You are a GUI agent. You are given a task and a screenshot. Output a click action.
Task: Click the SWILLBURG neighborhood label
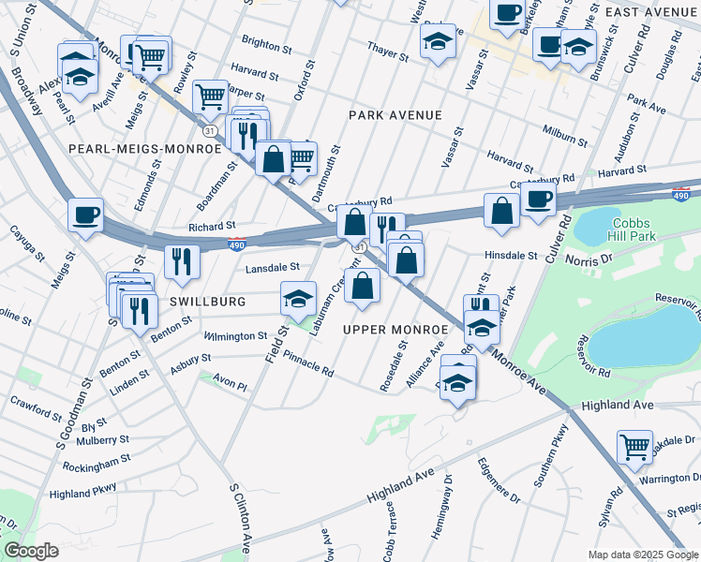208,302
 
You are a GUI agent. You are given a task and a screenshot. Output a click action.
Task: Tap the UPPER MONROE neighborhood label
395,331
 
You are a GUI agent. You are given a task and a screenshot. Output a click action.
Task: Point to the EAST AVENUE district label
652,11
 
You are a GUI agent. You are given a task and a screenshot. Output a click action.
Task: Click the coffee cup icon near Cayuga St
85,214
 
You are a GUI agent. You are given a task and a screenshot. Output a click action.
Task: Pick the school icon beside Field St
298,299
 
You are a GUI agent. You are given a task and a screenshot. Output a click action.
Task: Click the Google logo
32,550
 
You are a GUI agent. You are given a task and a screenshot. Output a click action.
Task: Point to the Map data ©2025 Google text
642,555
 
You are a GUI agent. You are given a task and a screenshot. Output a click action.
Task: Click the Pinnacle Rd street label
307,364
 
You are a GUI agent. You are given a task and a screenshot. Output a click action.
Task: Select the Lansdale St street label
271,268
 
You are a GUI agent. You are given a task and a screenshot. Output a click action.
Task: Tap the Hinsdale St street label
511,255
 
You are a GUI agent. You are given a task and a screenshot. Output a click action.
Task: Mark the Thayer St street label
389,57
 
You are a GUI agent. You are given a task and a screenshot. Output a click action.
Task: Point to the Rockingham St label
91,463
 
